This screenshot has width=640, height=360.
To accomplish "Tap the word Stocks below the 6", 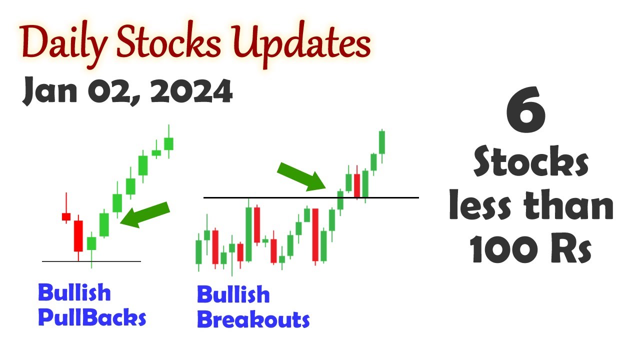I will [x=531, y=163].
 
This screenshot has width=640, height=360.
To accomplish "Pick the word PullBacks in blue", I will [x=92, y=318].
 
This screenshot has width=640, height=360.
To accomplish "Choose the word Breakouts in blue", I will [x=253, y=319].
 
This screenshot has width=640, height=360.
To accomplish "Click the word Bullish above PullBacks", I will [x=74, y=292].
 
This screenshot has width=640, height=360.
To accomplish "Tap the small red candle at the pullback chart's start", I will [x=66, y=216].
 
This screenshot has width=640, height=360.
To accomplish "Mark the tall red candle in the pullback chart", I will [x=78, y=235].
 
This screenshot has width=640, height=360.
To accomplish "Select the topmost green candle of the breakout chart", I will [x=382, y=142].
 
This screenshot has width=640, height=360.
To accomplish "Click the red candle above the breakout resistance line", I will [x=357, y=185].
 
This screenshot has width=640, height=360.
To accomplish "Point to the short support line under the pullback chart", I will [x=91, y=261].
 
